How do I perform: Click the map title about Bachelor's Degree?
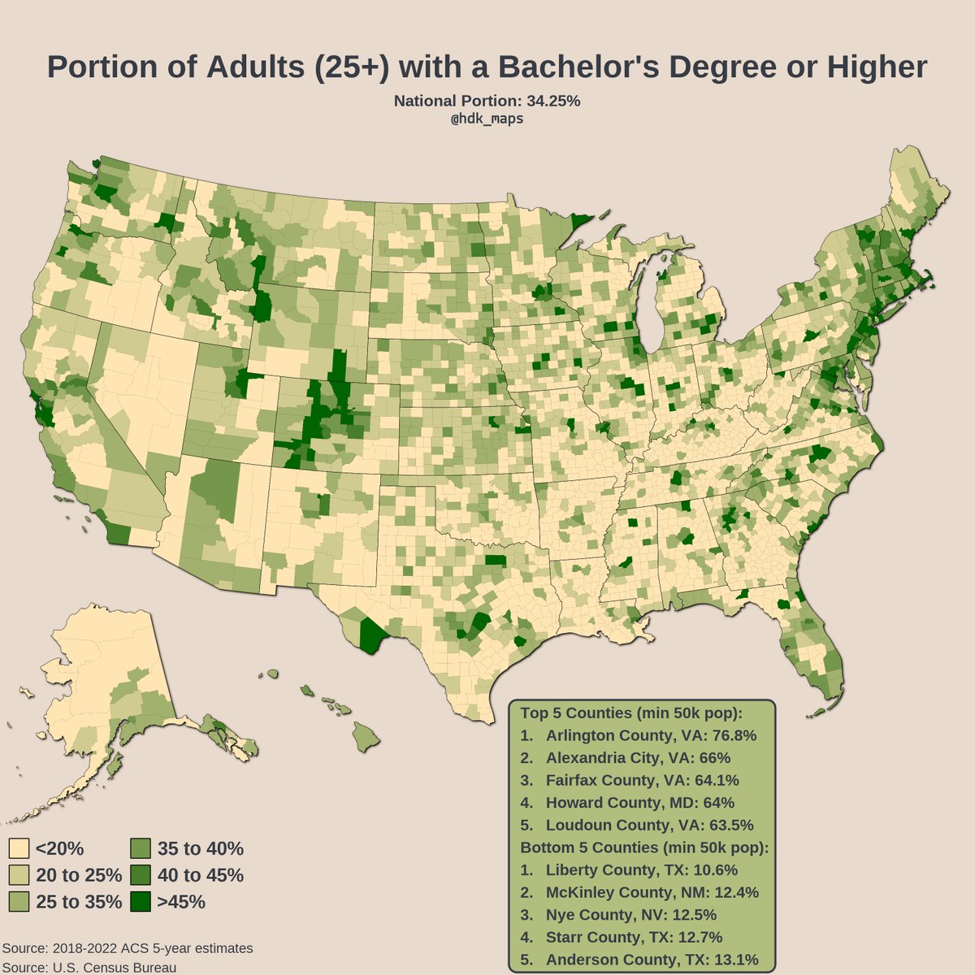click(487, 67)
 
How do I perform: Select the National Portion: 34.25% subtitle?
click(487, 102)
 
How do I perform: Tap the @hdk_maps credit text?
click(487, 119)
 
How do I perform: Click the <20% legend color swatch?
click(19, 849)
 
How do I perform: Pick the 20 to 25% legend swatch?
click(19, 875)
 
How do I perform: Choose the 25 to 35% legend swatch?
click(19, 902)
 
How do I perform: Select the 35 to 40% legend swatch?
click(140, 849)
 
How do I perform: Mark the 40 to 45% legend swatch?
click(140, 875)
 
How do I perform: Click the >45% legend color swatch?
click(140, 902)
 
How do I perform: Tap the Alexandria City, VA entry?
click(626, 758)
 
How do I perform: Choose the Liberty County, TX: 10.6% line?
click(630, 869)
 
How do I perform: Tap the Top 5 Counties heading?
click(631, 713)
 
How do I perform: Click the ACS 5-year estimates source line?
click(128, 948)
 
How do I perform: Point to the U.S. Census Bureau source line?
click(89, 967)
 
